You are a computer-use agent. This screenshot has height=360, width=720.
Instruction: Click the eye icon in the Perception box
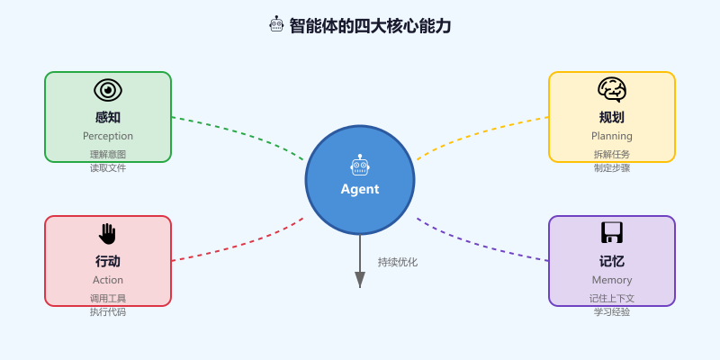(108, 90)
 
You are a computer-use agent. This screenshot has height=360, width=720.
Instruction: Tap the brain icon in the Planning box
(612, 89)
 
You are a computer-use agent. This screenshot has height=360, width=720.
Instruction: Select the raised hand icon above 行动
(108, 234)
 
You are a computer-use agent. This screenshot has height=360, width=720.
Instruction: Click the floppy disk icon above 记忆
(612, 233)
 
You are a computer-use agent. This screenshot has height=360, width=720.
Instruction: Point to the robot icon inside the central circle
(360, 166)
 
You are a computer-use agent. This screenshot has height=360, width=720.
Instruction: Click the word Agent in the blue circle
(360, 189)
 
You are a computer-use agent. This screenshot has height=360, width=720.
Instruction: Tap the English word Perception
(108, 136)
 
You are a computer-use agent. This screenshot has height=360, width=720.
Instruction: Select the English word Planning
(612, 136)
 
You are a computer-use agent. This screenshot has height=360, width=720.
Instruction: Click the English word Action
(108, 280)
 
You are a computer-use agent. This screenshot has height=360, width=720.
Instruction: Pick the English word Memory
(612, 280)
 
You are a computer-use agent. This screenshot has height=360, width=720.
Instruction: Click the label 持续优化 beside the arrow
(398, 262)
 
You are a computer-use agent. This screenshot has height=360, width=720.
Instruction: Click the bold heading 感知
(108, 117)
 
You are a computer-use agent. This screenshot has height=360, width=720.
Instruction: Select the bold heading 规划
(612, 117)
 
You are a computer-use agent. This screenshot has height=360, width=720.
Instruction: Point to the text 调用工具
(108, 298)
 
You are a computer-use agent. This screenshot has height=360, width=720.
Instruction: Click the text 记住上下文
(612, 298)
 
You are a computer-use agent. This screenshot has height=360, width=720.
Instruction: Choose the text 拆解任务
(612, 154)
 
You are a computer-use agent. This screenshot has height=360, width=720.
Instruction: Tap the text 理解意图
(108, 154)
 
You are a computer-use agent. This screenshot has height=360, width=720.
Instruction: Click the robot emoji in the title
(277, 25)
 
